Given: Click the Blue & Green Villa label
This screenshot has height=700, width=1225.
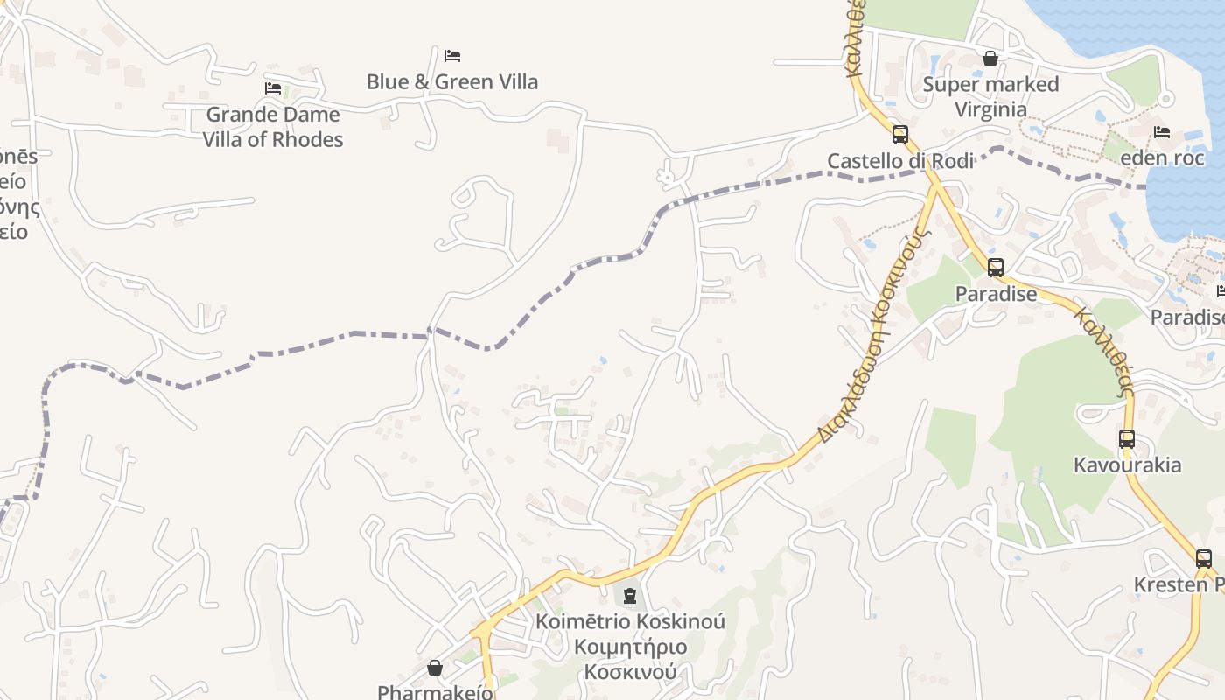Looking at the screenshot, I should pyautogui.click(x=451, y=82).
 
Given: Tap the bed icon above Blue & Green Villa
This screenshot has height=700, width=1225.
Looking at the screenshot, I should pyautogui.click(x=451, y=56).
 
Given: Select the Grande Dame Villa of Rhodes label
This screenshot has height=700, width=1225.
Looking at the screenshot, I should pyautogui.click(x=273, y=127).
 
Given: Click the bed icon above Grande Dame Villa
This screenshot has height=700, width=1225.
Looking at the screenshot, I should pyautogui.click(x=273, y=88).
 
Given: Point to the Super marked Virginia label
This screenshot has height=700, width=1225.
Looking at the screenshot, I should pyautogui.click(x=990, y=97).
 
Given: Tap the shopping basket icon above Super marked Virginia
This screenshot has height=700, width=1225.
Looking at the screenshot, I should pyautogui.click(x=990, y=59).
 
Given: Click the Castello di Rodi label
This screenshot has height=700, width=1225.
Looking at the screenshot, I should pyautogui.click(x=900, y=161).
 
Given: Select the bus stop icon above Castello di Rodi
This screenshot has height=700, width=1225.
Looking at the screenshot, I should pyautogui.click(x=900, y=135).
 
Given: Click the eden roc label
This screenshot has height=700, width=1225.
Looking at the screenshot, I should pyautogui.click(x=1162, y=158).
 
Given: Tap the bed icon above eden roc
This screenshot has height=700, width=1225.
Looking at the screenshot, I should pyautogui.click(x=1162, y=132).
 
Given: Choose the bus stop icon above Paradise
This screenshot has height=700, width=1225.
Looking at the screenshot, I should pyautogui.click(x=996, y=268).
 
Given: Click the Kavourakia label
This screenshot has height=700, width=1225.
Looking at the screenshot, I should pyautogui.click(x=1127, y=465).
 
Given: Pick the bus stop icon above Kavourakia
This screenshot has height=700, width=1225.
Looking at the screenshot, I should pyautogui.click(x=1127, y=439).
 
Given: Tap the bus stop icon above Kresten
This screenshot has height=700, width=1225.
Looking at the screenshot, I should pyautogui.click(x=1204, y=558).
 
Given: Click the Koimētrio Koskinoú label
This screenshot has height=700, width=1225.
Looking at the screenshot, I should pyautogui.click(x=630, y=622).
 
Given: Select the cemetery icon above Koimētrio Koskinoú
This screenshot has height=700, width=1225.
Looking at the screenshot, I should pyautogui.click(x=629, y=597).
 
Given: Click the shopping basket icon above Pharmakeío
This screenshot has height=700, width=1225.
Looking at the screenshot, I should pyautogui.click(x=435, y=668).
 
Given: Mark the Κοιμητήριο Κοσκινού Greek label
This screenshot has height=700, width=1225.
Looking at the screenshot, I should pyautogui.click(x=630, y=660).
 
